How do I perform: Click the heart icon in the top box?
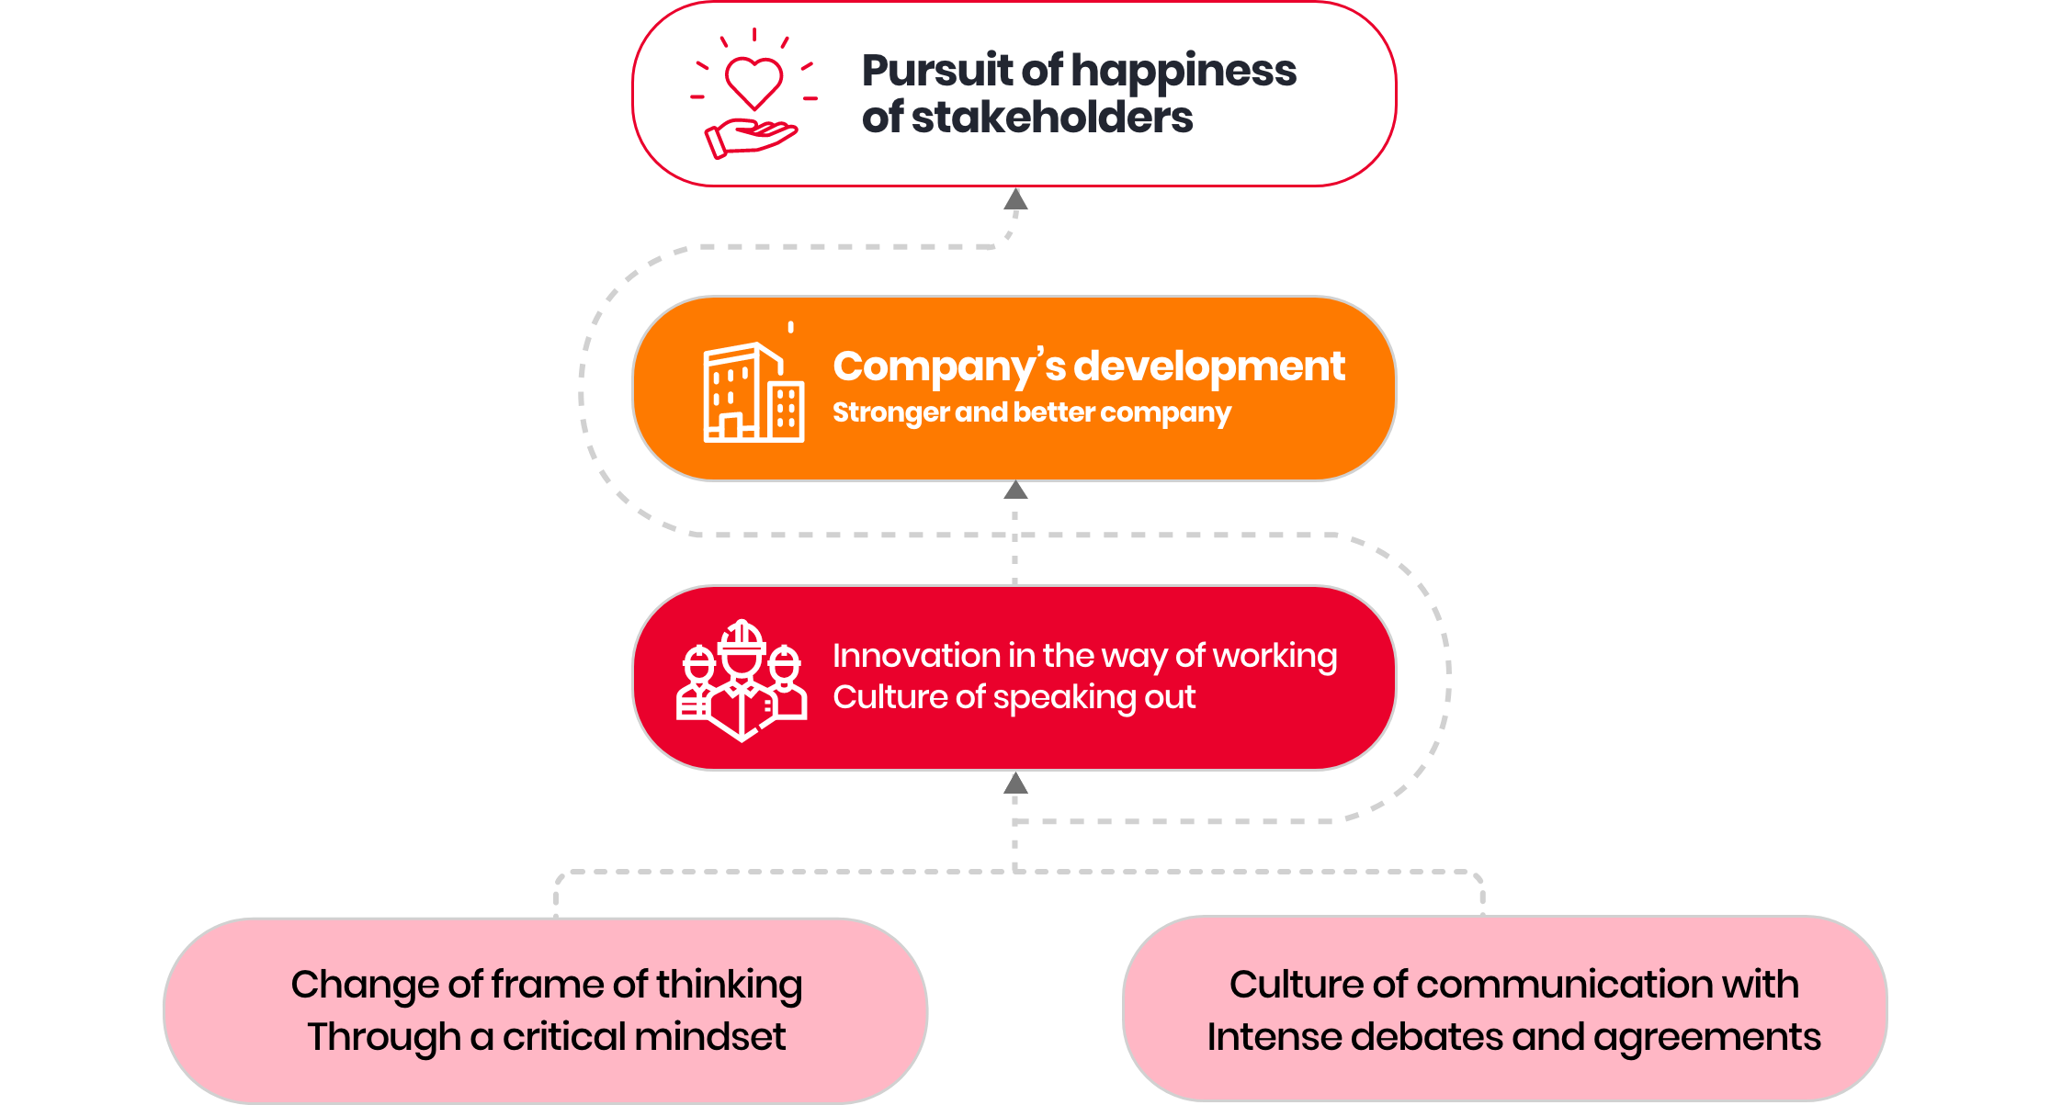click(x=753, y=81)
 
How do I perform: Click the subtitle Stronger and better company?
click(x=1031, y=412)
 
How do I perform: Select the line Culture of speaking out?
click(x=1014, y=697)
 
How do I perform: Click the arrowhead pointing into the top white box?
click(x=1015, y=199)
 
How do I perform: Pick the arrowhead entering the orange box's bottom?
click(x=1015, y=490)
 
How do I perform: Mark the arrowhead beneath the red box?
click(x=1015, y=784)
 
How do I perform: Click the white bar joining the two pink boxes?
click(x=1025, y=977)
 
